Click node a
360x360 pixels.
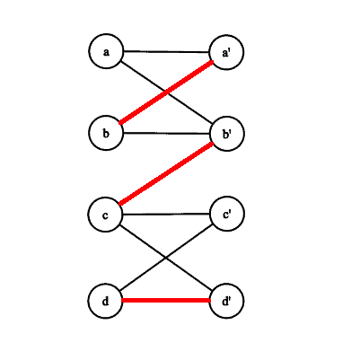pos(106,51)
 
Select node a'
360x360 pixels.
pos(227,52)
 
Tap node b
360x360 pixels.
pos(106,133)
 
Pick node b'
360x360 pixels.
pos(227,134)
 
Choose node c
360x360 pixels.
pos(106,215)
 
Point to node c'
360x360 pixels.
pos(227,214)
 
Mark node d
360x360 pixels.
pos(106,301)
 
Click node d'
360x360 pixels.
pos(227,301)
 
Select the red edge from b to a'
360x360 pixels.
pos(166,92)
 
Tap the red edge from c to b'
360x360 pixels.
pos(166,174)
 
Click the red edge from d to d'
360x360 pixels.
pos(166,301)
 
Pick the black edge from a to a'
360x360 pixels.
pos(166,52)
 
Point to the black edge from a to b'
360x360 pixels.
pos(166,92)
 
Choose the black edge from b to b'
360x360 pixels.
pos(166,133)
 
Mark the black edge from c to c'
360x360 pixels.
pos(166,214)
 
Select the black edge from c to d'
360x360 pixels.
pos(166,258)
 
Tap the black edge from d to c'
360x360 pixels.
pos(166,258)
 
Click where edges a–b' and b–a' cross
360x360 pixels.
pos(166,92)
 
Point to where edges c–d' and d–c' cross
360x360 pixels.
pos(165,258)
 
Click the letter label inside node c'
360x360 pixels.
pos(226,215)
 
